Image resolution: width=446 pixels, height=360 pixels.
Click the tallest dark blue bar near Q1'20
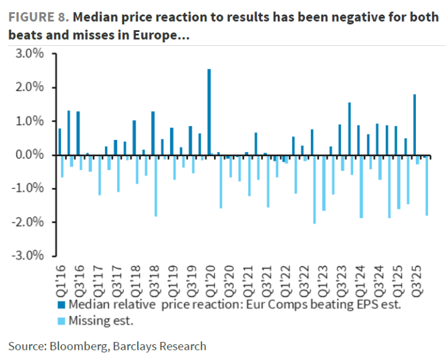[209, 112]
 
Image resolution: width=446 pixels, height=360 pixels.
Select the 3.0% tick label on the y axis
[30, 54]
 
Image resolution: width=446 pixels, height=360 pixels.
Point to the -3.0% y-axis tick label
[28, 256]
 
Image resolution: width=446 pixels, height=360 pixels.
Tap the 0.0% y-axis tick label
[30, 155]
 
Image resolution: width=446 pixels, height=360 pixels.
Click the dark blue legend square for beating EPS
[63, 305]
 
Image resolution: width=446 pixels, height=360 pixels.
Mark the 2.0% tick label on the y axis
[30, 87]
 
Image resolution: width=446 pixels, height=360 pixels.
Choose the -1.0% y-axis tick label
[28, 189]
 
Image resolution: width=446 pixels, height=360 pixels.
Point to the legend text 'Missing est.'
[101, 321]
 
